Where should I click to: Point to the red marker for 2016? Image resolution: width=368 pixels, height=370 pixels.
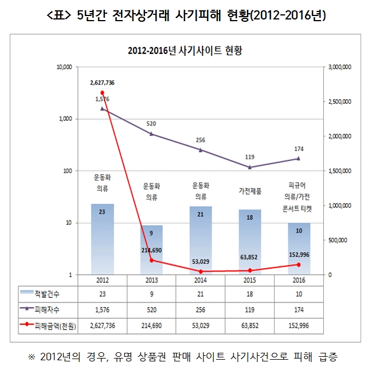point(299,265)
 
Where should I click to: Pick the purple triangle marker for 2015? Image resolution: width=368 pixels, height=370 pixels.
point(249,167)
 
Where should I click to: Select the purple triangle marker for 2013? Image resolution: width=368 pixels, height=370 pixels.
point(151,134)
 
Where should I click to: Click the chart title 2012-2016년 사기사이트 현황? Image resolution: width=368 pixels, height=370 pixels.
point(186,50)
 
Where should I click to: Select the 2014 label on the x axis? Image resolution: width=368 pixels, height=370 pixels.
point(200,281)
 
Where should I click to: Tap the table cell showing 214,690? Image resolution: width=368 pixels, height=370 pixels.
point(151,325)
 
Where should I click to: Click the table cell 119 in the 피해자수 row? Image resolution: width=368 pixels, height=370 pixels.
point(249,309)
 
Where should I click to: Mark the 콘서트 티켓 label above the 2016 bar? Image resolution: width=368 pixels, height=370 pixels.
point(299,210)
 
